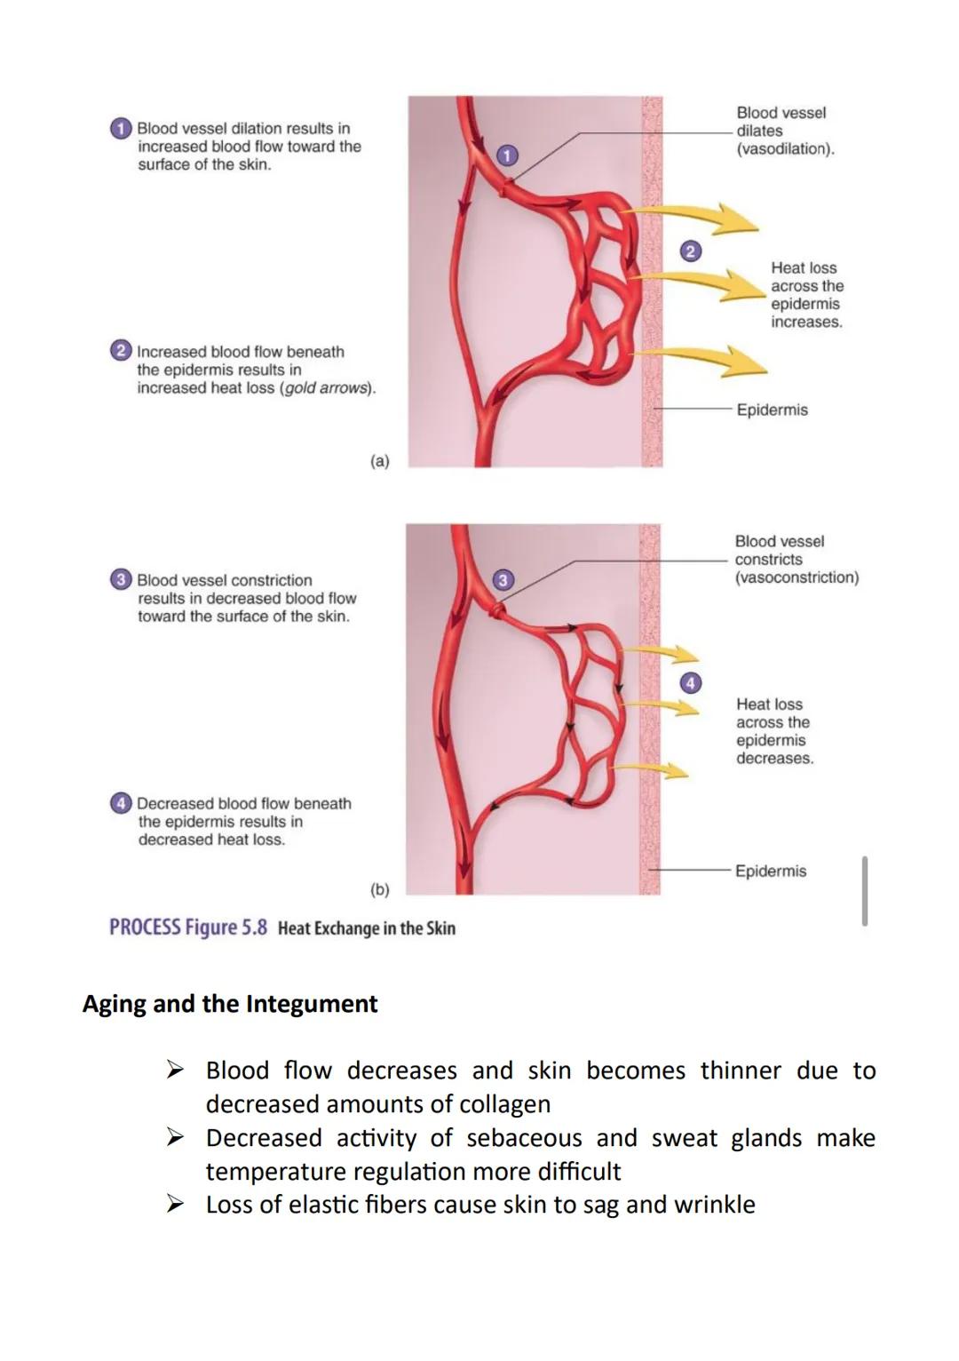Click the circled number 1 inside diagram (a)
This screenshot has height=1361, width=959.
pyautogui.click(x=505, y=155)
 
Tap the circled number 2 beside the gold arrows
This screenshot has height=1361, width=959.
pyautogui.click(x=690, y=251)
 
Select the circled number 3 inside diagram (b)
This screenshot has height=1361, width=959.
pyautogui.click(x=503, y=580)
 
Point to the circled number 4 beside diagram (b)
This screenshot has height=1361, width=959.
pyautogui.click(x=690, y=682)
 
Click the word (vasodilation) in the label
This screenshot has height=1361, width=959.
pyautogui.click(x=785, y=149)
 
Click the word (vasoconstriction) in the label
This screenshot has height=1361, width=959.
pyautogui.click(x=797, y=577)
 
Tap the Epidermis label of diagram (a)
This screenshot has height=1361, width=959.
pyautogui.click(x=772, y=410)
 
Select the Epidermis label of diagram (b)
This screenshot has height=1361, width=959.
pyautogui.click(x=770, y=871)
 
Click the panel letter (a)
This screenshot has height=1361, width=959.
pyautogui.click(x=379, y=461)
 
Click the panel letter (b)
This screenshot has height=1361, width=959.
pyautogui.click(x=379, y=889)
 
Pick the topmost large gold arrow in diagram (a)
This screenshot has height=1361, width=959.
pyautogui.click(x=697, y=217)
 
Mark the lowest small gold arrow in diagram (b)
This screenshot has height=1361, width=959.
pyautogui.click(x=662, y=768)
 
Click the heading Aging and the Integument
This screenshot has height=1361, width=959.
pyautogui.click(x=230, y=1004)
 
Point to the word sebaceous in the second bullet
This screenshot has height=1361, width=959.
pyautogui.click(x=524, y=1138)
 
